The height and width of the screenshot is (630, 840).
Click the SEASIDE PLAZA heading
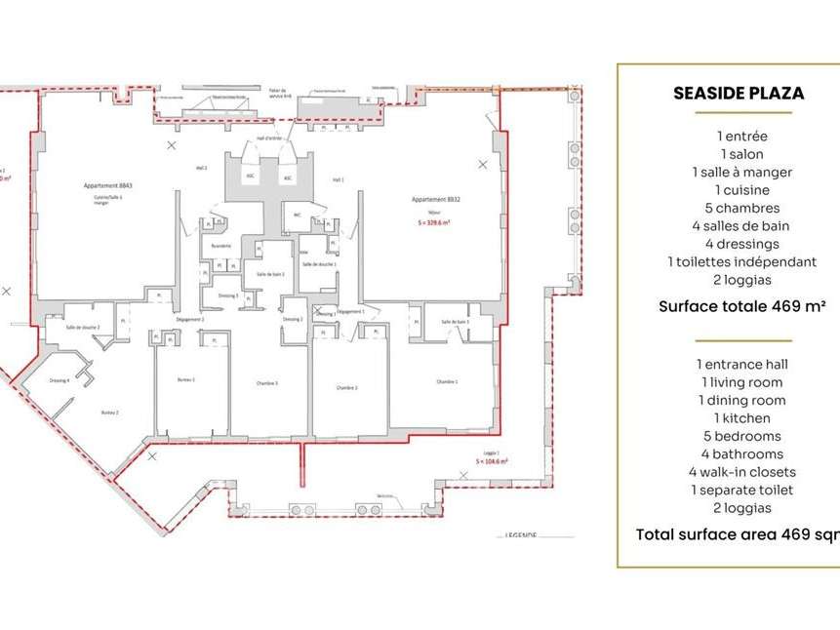coord(738,94)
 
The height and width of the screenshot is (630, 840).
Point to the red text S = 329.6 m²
coord(435,222)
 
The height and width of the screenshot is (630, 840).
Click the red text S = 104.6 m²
coord(488,459)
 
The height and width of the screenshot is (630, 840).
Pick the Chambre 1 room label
coord(447,381)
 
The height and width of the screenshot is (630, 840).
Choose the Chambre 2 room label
coord(346,387)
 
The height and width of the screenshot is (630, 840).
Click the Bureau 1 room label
coord(186,378)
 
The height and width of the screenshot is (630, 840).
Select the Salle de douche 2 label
coord(84,327)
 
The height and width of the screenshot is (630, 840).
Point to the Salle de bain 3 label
coord(455,322)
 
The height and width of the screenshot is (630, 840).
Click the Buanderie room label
coord(221,246)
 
